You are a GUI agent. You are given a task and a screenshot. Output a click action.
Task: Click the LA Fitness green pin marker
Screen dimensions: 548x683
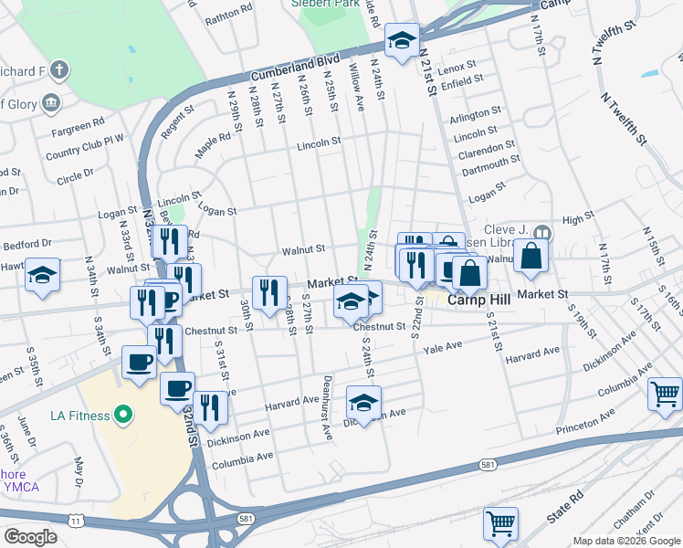[x=121, y=416]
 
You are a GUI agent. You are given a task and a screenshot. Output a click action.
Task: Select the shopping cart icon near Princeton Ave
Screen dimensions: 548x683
[x=665, y=394]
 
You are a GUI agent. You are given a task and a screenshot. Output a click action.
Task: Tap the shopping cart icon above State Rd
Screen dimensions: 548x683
[x=500, y=523]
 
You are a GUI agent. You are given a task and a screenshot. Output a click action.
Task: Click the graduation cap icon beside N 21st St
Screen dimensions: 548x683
[x=401, y=41]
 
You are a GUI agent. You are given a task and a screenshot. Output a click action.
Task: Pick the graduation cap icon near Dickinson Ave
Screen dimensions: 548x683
[x=363, y=403]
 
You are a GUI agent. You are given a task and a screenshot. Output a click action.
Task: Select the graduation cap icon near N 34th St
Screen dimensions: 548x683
[x=43, y=276]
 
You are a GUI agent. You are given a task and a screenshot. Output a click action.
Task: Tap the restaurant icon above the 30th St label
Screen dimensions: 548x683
[x=268, y=293]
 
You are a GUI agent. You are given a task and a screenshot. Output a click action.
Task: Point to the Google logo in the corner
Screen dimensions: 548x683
[x=30, y=536]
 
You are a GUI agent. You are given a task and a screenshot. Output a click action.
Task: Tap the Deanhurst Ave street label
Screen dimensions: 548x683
[x=326, y=407]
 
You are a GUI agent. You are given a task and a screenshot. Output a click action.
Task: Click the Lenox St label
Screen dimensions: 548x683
[x=458, y=68]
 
